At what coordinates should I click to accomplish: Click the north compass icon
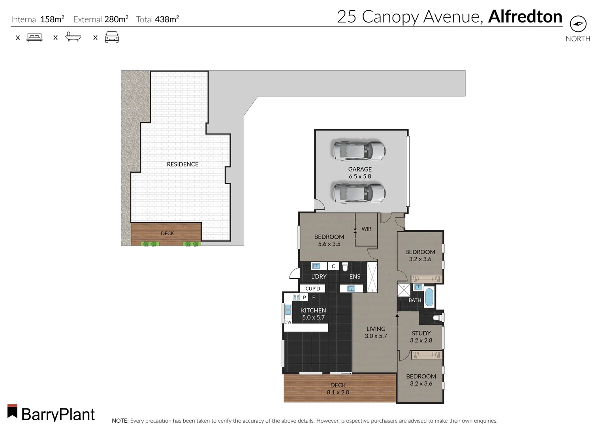578,24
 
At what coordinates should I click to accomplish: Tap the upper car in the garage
359,151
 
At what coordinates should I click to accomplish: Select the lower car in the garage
359,193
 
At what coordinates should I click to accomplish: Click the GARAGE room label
360,169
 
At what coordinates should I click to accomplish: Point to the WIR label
366,229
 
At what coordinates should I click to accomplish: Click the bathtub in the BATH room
429,298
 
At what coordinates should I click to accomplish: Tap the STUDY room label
421,333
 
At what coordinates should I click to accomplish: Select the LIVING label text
376,329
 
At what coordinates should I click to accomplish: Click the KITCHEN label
314,310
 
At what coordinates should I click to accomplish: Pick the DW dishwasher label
288,322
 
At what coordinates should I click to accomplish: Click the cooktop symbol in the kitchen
296,297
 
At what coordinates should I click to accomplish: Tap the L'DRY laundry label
319,276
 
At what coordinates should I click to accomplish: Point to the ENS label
355,276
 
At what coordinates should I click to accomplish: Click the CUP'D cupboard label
312,289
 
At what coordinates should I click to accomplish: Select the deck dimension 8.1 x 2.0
338,392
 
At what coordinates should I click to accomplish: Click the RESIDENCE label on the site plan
182,164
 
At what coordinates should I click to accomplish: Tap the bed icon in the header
34,38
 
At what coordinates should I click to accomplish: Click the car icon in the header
112,38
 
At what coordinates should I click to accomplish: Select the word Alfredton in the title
525,17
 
